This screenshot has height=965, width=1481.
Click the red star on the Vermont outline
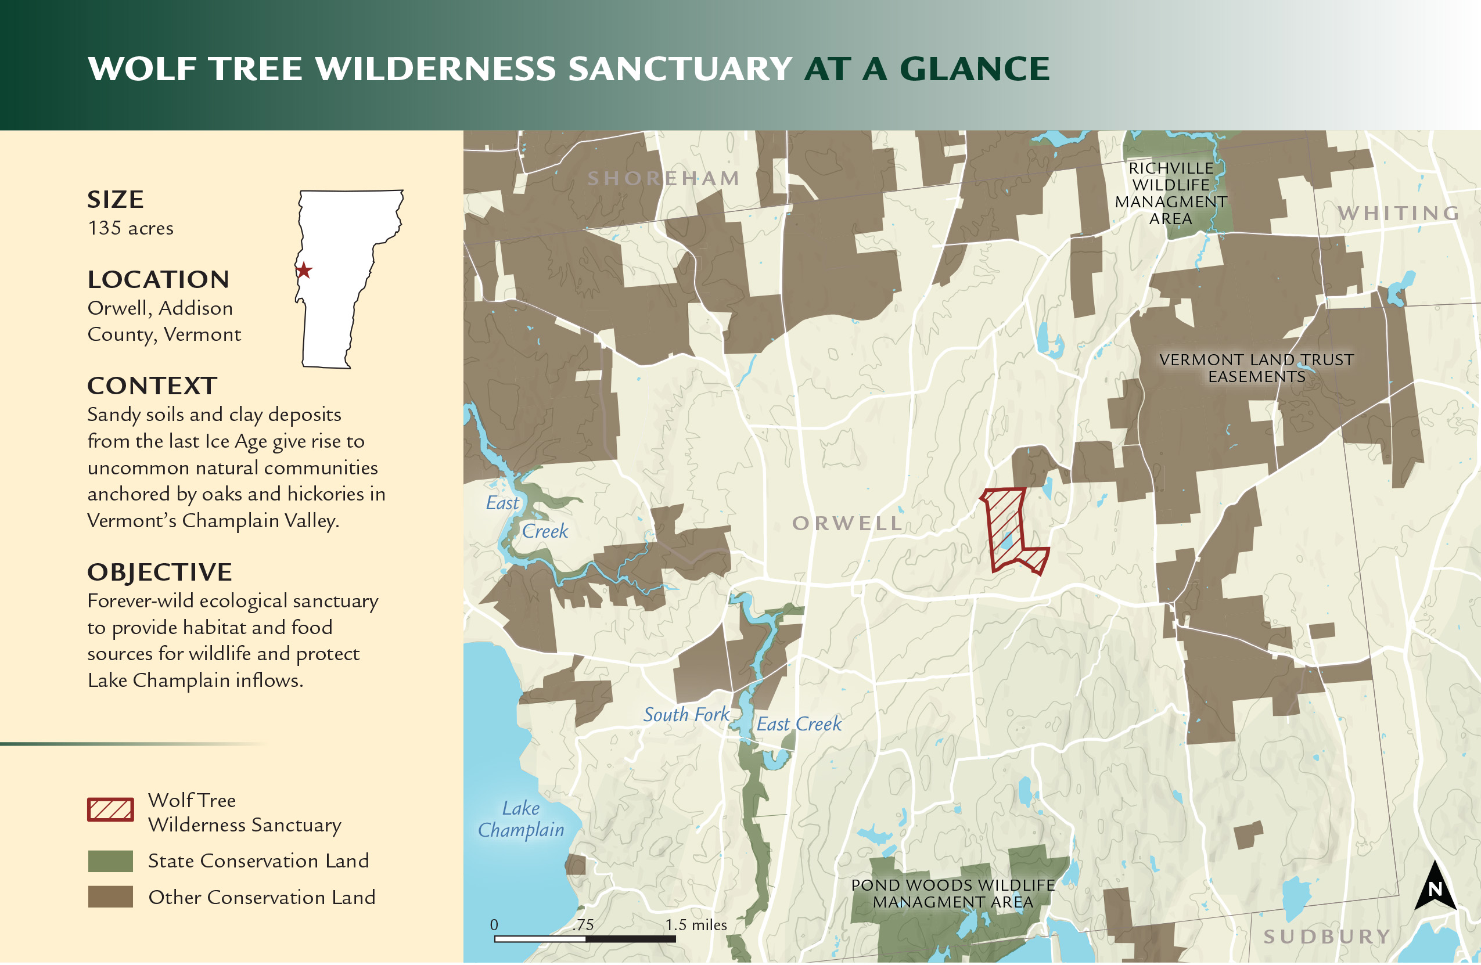(304, 271)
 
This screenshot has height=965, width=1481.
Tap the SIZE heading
(116, 200)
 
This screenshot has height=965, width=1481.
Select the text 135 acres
(131, 228)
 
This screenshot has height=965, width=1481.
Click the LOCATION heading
(159, 279)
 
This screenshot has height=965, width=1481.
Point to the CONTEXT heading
(152, 386)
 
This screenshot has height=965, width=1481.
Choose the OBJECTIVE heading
(160, 572)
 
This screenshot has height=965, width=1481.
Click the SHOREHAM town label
(663, 179)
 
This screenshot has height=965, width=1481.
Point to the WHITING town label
(1399, 214)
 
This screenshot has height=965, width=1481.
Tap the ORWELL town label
(847, 524)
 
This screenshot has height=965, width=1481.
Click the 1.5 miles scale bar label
(696, 926)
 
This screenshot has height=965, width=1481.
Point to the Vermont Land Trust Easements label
(1256, 368)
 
